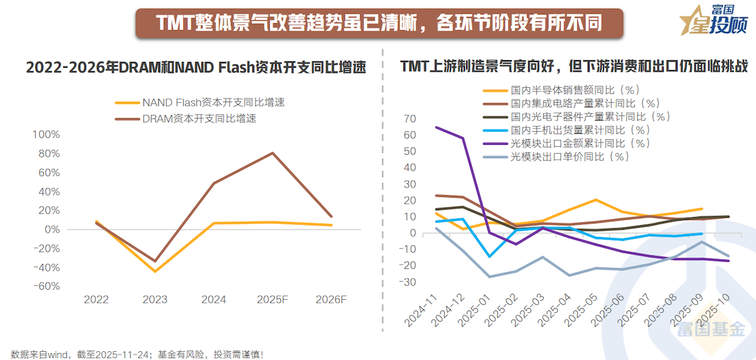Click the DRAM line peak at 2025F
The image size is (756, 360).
272,153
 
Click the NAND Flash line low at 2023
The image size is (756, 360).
155,272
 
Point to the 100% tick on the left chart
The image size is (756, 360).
45,134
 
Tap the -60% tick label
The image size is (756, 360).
45,286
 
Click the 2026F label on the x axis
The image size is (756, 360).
331,300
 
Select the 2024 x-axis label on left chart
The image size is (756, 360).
213,300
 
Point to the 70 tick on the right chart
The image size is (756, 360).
410,119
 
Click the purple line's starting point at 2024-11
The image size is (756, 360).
436,127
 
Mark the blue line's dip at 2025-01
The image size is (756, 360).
489,257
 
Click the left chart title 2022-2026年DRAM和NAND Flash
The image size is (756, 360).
195,68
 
